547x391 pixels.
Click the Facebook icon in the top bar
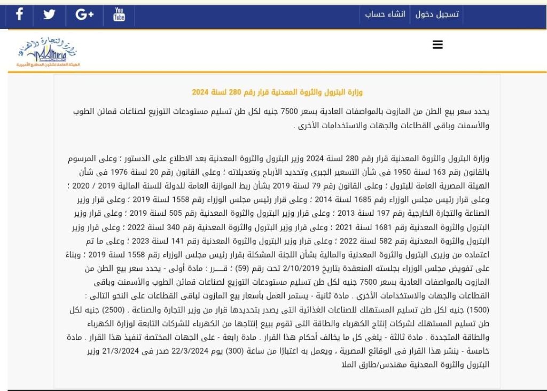20,14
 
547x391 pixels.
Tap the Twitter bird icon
49,14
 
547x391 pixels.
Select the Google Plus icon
84,14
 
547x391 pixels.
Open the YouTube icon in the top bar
119,14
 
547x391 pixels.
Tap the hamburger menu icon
437,45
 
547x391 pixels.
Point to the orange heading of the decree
277,92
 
